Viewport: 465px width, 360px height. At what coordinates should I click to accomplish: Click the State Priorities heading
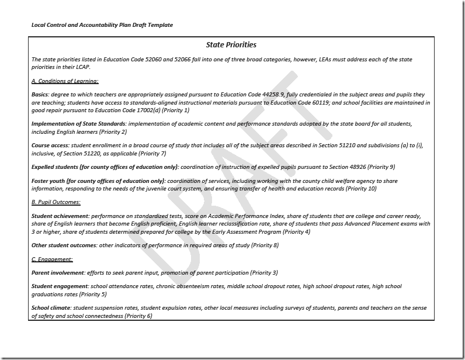pos(231,44)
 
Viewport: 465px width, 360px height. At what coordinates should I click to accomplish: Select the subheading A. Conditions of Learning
pos(65,81)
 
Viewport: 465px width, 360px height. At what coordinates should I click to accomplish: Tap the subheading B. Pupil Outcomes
pos(56,202)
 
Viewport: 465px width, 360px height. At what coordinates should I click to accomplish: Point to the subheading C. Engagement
pos(52,259)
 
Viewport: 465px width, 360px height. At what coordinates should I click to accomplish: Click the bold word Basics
pos(40,95)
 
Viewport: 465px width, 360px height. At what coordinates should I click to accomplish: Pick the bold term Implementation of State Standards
pos(78,124)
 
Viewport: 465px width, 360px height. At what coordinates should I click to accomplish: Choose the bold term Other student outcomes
pos(64,245)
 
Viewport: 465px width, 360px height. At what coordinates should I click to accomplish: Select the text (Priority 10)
pos(361,189)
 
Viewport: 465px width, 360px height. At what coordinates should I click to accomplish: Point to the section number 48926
pos(353,167)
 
